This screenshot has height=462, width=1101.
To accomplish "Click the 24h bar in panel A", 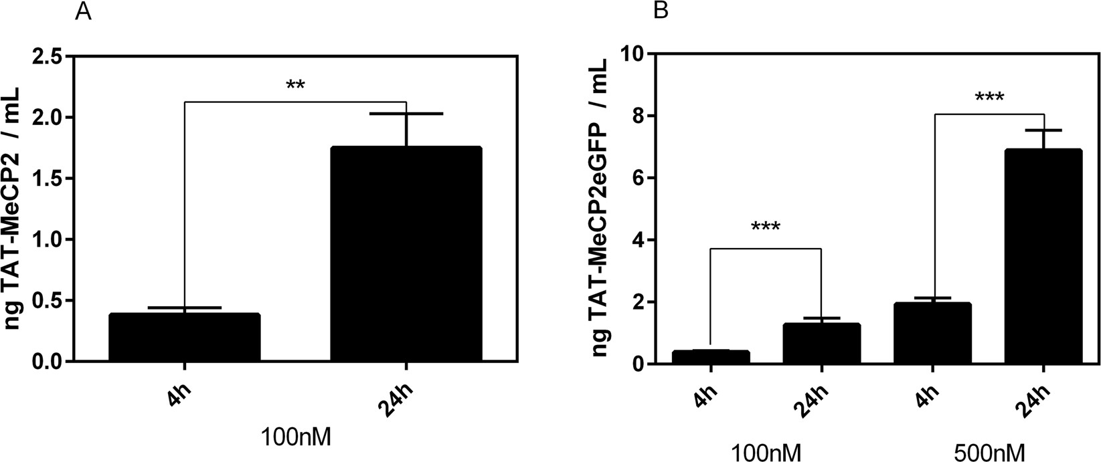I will pos(406,254).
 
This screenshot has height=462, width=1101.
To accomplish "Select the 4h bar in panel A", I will pos(184,338).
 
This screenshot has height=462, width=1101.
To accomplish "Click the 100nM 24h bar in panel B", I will pos(822,344).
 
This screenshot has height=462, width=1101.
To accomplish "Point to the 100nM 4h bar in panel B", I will pos(711,356).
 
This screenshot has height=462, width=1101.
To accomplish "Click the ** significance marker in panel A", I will pos(295,86).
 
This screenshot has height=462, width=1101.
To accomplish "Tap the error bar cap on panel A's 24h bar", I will pos(406,114).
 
